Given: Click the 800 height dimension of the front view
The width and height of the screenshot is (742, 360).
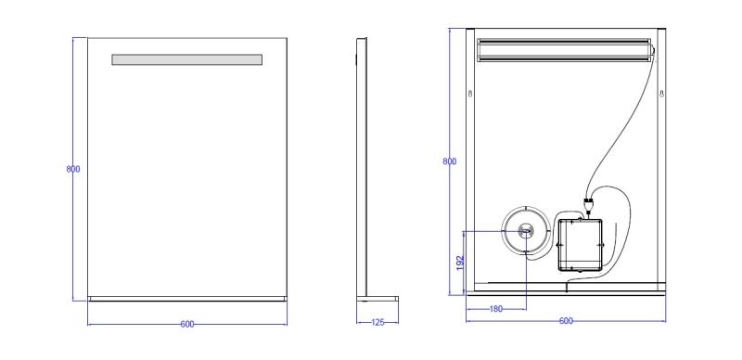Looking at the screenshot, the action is tap(73, 169).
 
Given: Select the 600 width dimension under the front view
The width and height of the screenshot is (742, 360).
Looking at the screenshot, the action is tap(187, 325).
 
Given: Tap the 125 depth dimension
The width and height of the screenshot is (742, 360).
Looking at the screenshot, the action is tap(377, 323).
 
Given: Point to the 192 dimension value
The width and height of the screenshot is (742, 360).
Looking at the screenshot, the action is tap(460, 263).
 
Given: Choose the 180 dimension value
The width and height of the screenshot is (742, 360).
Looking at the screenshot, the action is tap(496, 309).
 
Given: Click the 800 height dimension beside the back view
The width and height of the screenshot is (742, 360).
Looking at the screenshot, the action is tap(450, 161).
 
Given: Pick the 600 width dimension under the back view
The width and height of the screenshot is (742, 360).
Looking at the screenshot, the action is tap(566, 321).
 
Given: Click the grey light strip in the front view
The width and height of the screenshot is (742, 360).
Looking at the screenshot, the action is tap(187, 59).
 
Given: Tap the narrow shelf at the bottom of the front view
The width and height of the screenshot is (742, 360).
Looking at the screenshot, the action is tap(187, 299).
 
